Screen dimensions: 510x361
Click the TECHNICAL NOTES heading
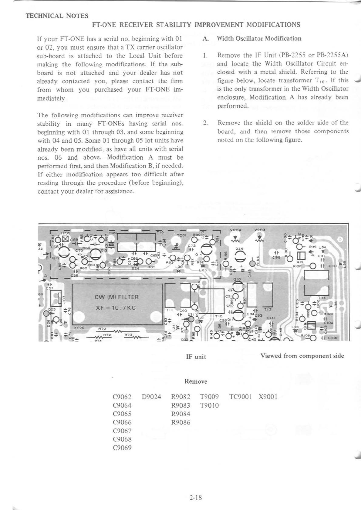57,16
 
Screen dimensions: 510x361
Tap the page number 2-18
196,497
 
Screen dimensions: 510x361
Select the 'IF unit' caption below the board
196,357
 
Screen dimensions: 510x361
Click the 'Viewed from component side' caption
302,356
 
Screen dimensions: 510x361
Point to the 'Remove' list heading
196,381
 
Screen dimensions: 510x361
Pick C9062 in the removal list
122,397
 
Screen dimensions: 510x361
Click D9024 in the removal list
151,397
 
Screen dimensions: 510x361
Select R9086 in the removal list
181,422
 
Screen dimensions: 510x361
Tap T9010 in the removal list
210,405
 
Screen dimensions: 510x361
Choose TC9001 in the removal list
241,397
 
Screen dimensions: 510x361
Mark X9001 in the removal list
268,397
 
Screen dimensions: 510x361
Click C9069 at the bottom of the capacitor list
122,448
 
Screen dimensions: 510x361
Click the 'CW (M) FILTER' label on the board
116,297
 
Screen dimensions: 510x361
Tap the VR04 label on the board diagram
235,230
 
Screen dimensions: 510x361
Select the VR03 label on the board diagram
260,230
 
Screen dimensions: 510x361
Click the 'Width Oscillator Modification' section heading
259,38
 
